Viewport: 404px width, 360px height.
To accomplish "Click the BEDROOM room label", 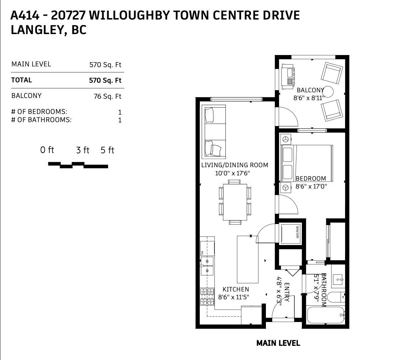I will pos(311,178).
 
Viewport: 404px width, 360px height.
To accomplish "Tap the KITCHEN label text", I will pos(236,289).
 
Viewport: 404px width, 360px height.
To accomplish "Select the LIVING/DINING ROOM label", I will pos(235,165).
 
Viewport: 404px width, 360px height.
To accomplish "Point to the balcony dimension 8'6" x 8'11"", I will pos(309,98).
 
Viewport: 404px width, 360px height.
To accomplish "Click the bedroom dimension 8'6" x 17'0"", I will pos(311,186).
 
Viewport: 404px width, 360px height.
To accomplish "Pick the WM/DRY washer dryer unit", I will pos(289,234).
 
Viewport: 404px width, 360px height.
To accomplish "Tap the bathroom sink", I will pos(338,279).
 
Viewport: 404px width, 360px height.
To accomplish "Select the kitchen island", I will pos(248,259).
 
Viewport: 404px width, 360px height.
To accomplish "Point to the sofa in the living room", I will pos(214,132).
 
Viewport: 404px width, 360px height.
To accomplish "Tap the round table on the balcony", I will pos(328,92).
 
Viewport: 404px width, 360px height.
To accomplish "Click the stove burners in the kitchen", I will pos(208,296).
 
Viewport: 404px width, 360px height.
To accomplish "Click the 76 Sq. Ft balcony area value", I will pos(107,96).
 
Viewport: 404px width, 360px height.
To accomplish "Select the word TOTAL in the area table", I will pos(22,80).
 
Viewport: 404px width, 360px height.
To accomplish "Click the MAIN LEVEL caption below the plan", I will pos(278,343).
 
